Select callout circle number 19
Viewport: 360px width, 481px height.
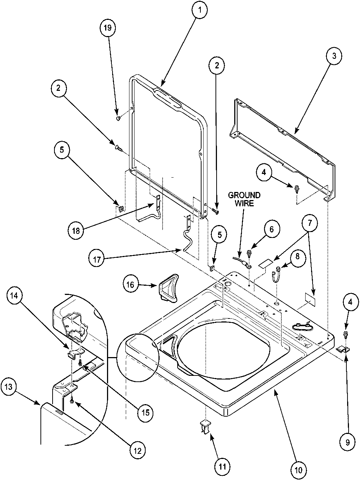[x=108, y=28]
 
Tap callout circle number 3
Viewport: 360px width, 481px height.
[x=334, y=57]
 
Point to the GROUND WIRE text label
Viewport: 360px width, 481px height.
[x=244, y=199]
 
